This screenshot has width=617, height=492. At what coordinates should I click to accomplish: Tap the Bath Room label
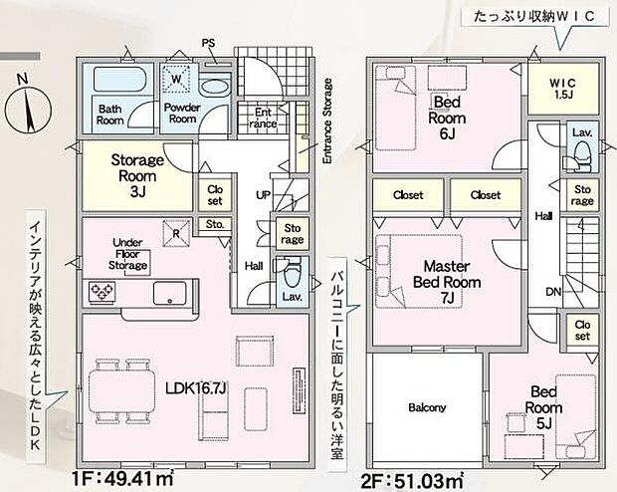[x=110, y=112]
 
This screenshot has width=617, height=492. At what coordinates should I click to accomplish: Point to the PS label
[x=208, y=42]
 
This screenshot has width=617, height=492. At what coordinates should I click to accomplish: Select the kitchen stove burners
[x=103, y=292]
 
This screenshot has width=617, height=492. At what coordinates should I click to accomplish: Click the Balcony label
[x=427, y=407]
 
